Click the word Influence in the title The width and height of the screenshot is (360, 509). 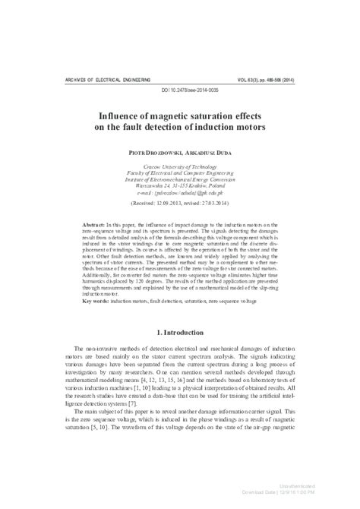(x=123, y=113)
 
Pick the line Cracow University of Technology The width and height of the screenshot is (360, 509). (x=180, y=166)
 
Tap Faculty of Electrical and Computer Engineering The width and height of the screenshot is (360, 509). (x=180, y=172)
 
